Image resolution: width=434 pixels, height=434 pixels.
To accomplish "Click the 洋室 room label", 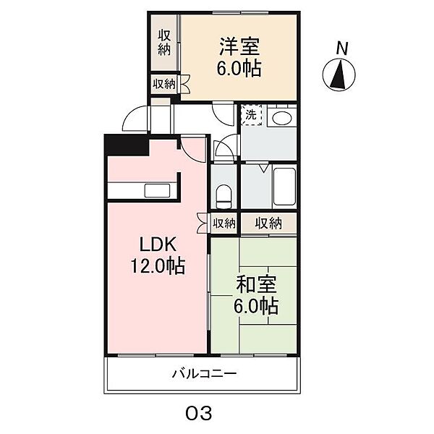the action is tap(239, 46).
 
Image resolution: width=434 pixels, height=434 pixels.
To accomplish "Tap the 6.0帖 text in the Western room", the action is tap(239, 68).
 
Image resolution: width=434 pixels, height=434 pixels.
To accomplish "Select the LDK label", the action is tap(158, 244).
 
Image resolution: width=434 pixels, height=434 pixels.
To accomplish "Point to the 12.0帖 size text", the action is tap(158, 265).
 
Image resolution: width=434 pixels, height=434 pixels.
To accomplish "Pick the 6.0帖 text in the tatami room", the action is tap(256, 305).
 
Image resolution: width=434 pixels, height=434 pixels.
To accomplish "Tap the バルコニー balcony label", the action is tap(204, 374).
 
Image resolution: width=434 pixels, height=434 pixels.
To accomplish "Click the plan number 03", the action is tap(199, 413).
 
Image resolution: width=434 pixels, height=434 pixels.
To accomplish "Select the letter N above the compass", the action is tap(342, 48).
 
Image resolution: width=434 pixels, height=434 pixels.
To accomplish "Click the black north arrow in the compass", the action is tap(339, 77).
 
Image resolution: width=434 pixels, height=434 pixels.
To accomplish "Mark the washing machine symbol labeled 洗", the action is tap(251, 114).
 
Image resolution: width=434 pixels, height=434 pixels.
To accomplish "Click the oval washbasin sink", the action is tap(282, 118).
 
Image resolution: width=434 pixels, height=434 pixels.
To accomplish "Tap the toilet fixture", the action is tap(224, 197).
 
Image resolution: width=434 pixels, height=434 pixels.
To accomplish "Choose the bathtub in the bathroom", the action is tap(284, 187).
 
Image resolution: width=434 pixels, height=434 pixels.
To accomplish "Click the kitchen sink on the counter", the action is tap(157, 191).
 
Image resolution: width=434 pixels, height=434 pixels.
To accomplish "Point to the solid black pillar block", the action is tap(127, 145).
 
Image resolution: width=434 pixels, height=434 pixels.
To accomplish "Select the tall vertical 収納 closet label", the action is tap(164, 43).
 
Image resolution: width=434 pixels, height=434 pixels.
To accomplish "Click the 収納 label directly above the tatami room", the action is tap(268, 223).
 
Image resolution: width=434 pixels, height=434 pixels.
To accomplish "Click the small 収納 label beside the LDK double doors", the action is tap(224, 223).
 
